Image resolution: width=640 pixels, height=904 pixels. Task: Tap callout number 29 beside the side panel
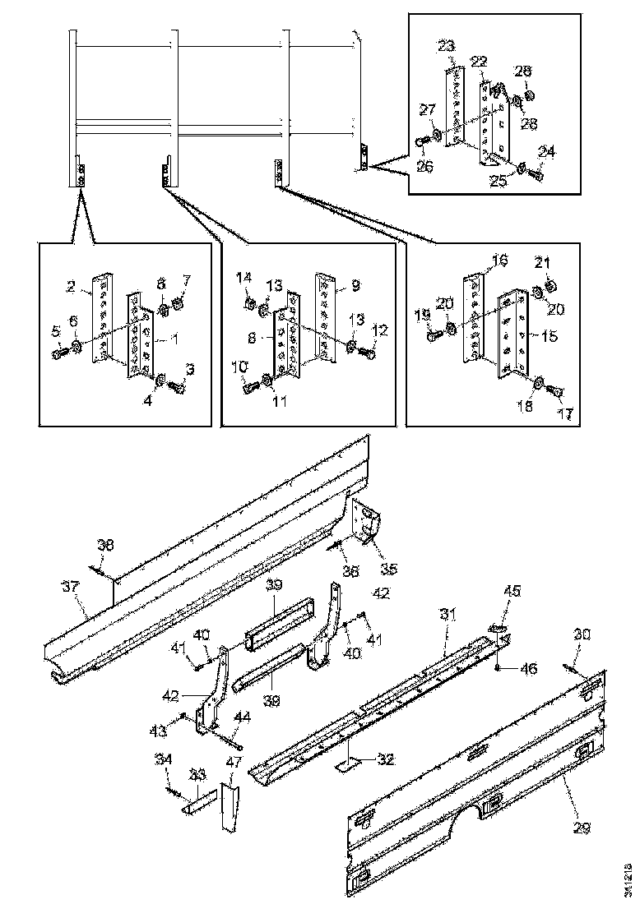(582, 828)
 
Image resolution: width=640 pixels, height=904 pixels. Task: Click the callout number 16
(499, 261)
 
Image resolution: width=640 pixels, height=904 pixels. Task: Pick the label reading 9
(355, 288)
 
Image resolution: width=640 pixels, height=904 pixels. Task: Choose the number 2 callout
(72, 287)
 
